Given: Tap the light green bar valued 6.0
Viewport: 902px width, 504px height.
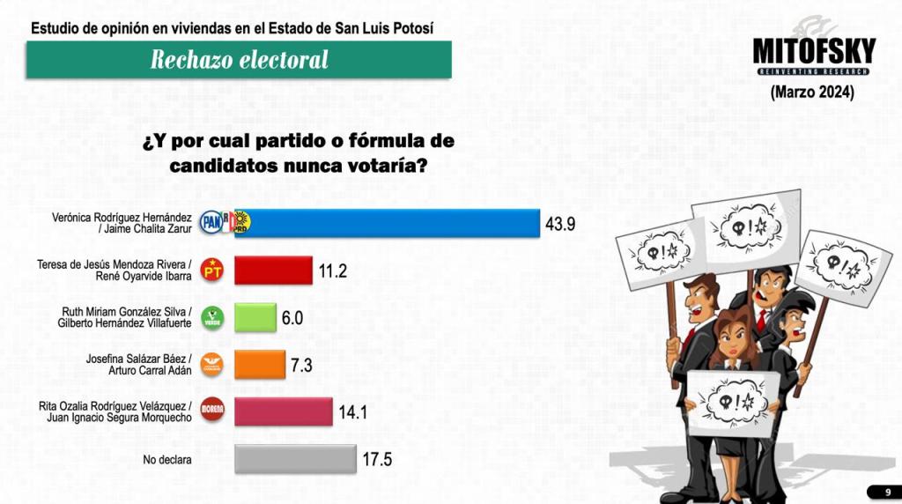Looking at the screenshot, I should (x=254, y=318).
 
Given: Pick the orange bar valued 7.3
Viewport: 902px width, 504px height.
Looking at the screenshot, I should (x=260, y=364).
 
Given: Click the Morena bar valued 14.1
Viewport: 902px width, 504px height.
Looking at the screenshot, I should (x=284, y=411).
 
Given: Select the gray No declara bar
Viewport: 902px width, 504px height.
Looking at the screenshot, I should (x=296, y=459).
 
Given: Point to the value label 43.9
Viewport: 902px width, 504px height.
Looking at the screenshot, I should (x=560, y=224).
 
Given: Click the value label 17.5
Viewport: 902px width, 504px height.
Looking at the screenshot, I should (x=377, y=459).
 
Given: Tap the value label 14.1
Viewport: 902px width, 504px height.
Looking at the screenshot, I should (x=352, y=411).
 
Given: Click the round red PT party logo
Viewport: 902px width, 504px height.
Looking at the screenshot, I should (x=212, y=270).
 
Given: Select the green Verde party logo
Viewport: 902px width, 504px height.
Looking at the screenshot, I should (x=212, y=317).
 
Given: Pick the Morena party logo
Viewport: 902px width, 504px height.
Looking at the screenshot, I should (x=212, y=411).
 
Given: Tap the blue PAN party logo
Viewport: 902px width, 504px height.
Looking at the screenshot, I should (x=211, y=222).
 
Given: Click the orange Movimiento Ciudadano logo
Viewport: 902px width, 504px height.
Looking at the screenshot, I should (x=212, y=364).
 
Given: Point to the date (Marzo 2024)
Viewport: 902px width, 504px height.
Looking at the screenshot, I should (x=812, y=92).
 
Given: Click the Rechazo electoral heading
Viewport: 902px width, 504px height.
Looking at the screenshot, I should (x=239, y=60).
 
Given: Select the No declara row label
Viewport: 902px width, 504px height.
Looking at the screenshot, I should (x=167, y=459).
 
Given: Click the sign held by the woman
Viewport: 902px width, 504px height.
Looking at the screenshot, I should (x=732, y=401).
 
